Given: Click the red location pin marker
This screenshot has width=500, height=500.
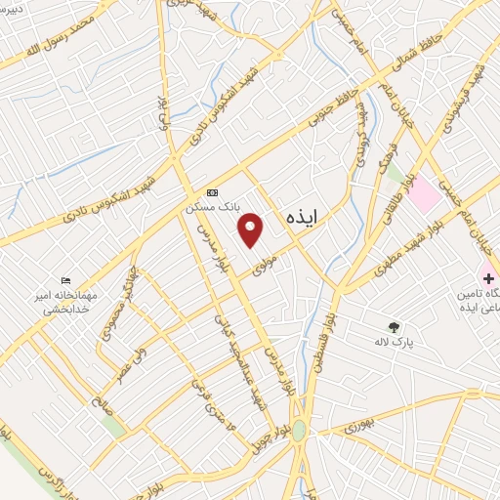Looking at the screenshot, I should click(x=252, y=229).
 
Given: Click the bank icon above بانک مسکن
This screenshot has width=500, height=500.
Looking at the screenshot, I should click(x=211, y=193).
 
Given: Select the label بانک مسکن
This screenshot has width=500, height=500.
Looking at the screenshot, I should click(x=213, y=208).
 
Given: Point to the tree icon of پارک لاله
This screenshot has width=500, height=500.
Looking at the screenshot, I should click(x=395, y=327).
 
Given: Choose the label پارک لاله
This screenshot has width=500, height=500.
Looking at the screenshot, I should click(x=395, y=342).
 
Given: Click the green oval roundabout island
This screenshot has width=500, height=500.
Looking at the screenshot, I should click(x=299, y=430).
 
